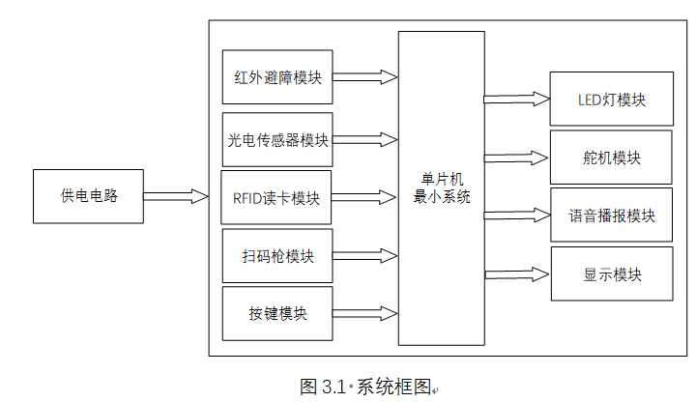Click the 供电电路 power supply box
88,197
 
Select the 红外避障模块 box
277,77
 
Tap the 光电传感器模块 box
277,139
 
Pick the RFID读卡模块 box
276,198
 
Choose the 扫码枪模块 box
277,256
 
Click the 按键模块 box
277,314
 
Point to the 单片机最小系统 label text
442,187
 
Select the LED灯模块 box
611,100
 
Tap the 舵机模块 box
611,158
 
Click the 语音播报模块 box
611,215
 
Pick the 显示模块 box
611,273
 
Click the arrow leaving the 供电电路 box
177,197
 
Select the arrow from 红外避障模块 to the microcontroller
365,77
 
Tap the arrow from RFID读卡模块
365,197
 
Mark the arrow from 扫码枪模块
365,256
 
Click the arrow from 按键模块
365,313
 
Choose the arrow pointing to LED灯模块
517,99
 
